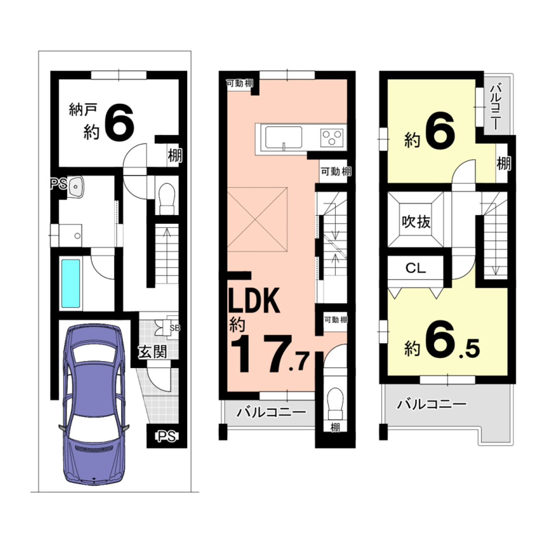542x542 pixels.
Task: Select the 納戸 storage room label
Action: [83, 109]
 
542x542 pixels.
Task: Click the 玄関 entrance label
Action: [153, 352]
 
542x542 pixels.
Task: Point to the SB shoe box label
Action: [175, 328]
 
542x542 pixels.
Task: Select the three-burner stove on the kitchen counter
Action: [331, 137]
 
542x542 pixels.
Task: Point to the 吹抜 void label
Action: [416, 222]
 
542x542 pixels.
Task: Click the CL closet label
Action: [415, 268]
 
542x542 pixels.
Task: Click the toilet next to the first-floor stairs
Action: [167, 199]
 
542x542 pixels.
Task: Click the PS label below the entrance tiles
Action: [166, 436]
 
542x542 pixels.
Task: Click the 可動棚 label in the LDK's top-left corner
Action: [240, 83]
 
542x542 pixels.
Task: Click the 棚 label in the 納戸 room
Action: [175, 156]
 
